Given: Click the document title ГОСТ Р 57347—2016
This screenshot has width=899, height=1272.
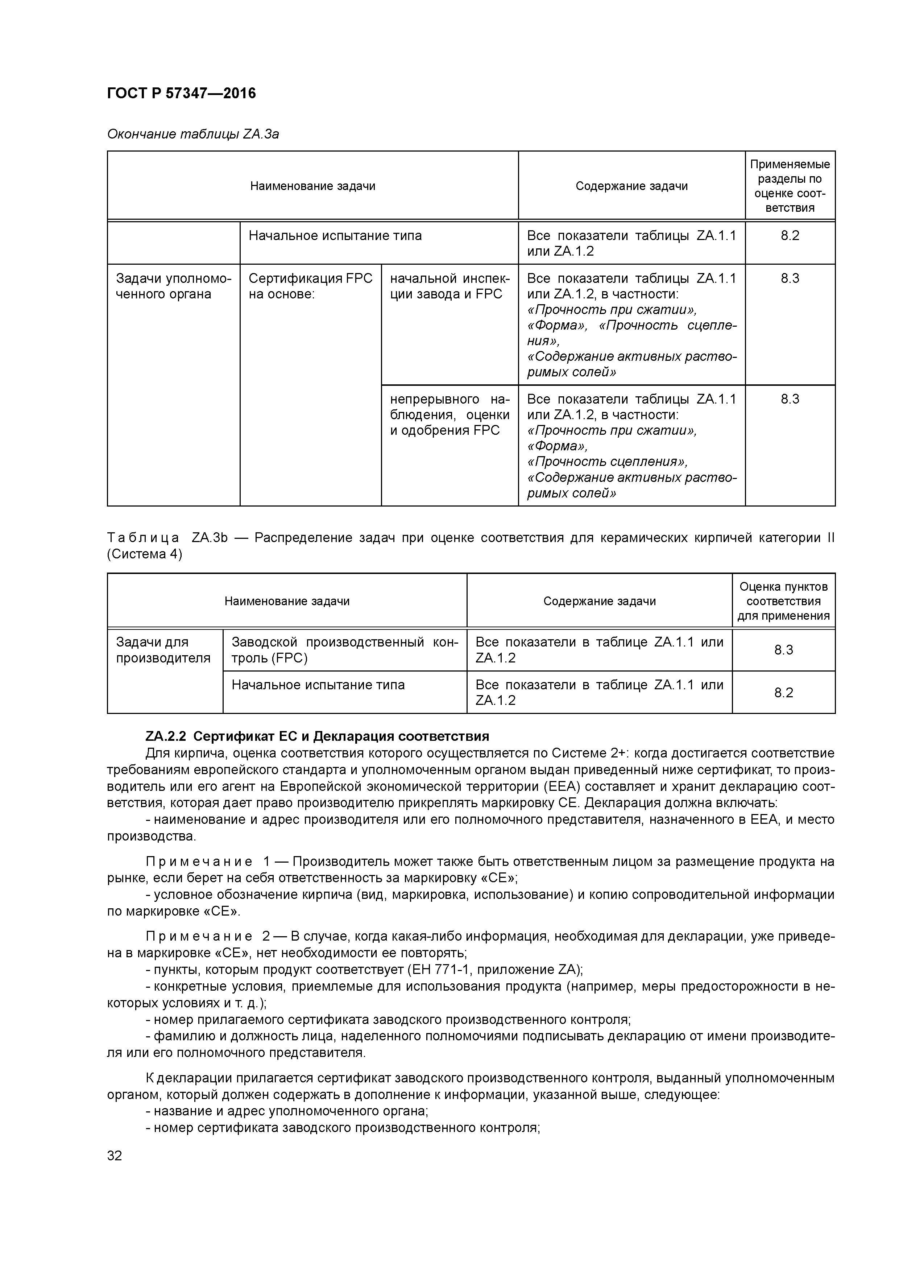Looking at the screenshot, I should coord(181,94).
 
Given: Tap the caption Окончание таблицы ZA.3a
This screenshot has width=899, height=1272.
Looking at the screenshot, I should coord(193,134).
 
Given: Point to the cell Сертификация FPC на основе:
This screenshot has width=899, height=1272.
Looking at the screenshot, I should coord(310,286).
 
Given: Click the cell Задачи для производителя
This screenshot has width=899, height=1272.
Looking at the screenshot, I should coord(163,650).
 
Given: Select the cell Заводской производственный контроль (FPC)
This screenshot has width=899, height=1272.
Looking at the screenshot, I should coord(344,650).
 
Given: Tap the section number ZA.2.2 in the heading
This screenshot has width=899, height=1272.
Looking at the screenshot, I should coord(166,736).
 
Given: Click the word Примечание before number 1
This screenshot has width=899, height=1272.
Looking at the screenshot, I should coord(199,862).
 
